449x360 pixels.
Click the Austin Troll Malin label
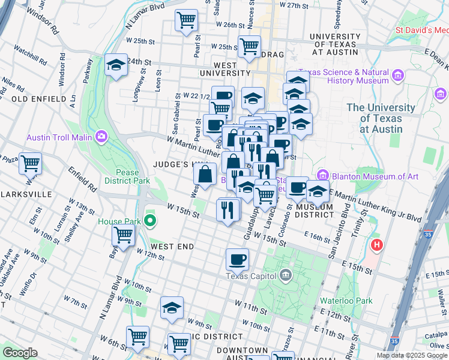click(58, 137)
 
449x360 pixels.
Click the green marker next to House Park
click(150, 221)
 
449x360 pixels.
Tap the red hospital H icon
click(377, 245)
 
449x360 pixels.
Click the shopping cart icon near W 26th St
click(186, 20)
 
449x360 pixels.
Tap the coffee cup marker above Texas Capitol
click(237, 259)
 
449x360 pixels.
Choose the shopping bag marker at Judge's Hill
click(205, 175)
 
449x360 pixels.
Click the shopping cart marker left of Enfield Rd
click(29, 162)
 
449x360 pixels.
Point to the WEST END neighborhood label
click(172, 247)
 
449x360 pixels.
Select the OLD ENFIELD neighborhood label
click(38, 98)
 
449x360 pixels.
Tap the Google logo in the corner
click(20, 353)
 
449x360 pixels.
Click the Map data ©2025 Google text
click(412, 355)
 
